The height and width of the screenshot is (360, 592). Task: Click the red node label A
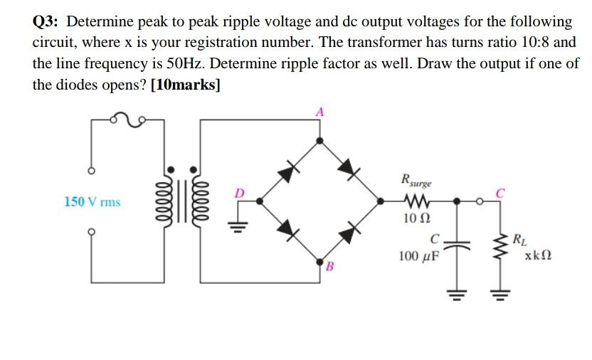point(320,112)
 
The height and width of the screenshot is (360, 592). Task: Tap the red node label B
point(329,268)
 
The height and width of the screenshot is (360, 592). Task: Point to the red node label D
point(240,193)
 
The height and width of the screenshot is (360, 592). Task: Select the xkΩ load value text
point(539,255)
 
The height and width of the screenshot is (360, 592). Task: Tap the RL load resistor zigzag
point(500,244)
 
